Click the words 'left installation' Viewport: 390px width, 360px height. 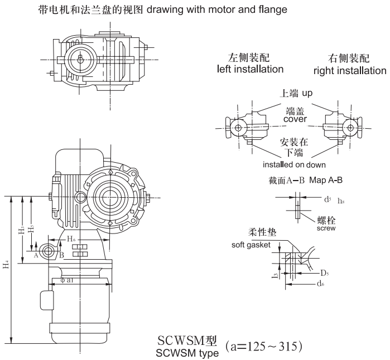tap(250, 69)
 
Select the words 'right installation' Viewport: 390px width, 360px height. tap(349, 71)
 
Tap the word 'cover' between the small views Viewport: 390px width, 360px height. tap(295, 119)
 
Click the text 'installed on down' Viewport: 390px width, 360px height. tap(295, 165)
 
